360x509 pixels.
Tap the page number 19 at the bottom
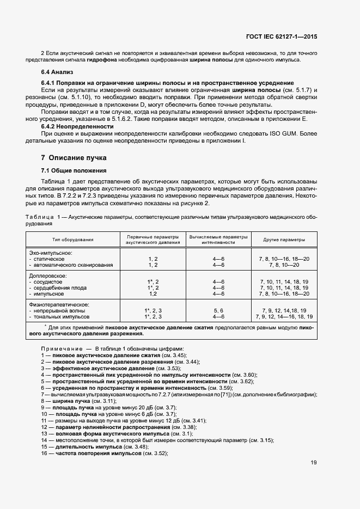pyautogui.click(x=314, y=463)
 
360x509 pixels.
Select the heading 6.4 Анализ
pyautogui.click(x=57, y=72)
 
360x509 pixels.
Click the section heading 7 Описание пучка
pyautogui.click(x=74, y=158)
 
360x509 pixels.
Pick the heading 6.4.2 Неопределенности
pyautogui.click(x=78, y=126)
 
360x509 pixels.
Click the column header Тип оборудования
pyautogui.click(x=73, y=240)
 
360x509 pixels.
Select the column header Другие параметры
pyautogui.click(x=284, y=240)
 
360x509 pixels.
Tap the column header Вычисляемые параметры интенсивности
pyautogui.click(x=218, y=240)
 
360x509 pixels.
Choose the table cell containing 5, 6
pyautogui.click(x=218, y=310)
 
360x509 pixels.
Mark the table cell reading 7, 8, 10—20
pyautogui.click(x=284, y=265)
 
